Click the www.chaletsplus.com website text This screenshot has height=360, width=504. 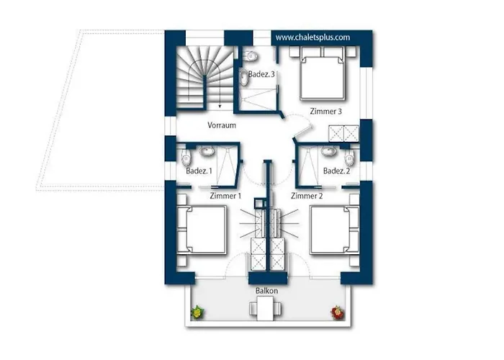pos(312,37)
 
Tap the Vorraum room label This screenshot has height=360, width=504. pos(222,125)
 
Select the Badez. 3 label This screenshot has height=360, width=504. pos(261,74)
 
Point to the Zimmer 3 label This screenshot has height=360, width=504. pos(326,111)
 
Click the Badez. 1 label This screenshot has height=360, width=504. pos(199,171)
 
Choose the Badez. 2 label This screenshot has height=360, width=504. pos(336,171)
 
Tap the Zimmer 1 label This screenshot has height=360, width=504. pos(225,195)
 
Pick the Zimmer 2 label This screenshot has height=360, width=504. pos(307,195)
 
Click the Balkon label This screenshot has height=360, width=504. pos(267,291)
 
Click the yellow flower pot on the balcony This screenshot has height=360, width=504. pos(198,312)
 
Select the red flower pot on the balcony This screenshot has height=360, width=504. pos(336,312)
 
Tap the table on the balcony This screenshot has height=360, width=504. pos(265,309)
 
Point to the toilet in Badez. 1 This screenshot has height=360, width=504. pos(186,157)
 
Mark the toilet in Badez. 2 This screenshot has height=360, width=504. pos(349,157)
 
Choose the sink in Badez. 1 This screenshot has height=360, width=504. pos(206,151)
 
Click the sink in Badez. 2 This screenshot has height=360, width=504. pos(328,151)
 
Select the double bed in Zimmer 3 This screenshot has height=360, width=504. pos(323,73)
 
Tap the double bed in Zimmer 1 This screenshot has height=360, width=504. pos(202,230)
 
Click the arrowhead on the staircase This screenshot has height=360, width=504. pos(220,106)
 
